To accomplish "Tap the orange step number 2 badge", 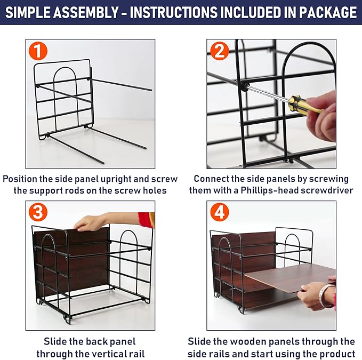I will point(219,52).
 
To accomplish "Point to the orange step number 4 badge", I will point(219,212).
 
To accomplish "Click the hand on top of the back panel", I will point(91,222).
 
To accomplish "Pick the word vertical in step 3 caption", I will point(107,353).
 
